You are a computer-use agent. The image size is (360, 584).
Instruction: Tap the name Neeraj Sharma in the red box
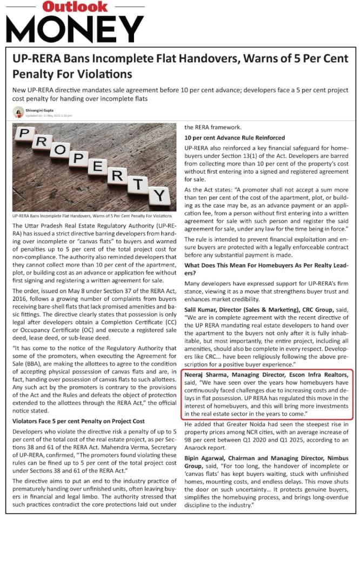coord(207,375)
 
